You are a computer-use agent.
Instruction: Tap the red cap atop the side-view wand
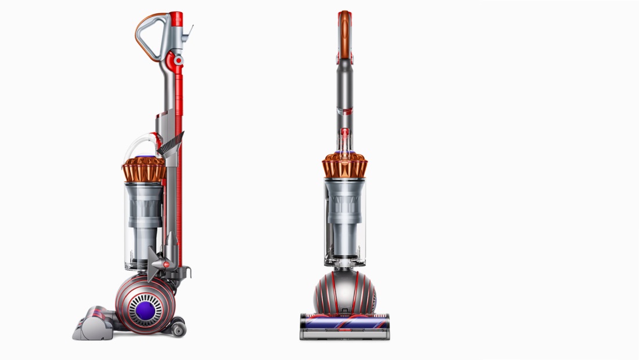[177, 19]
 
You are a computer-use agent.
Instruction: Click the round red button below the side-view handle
[178, 59]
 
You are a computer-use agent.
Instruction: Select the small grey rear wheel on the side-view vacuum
[178, 329]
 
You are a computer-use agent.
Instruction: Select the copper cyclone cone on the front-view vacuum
[345, 166]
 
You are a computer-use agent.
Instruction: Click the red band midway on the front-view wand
[345, 109]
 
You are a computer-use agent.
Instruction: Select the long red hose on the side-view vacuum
[178, 174]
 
